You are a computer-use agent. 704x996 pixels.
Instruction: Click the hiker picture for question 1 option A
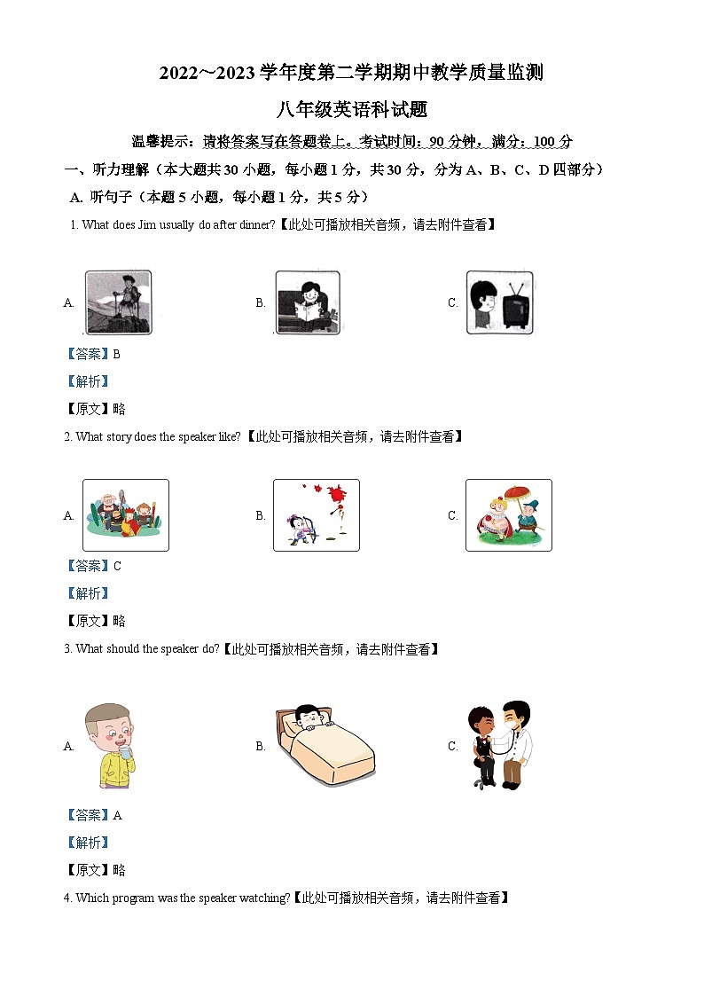pos(118,302)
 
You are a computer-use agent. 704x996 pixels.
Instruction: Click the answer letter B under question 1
pos(116,354)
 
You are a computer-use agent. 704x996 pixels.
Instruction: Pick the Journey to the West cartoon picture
pos(125,515)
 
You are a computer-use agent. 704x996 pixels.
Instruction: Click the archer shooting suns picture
pos(316,515)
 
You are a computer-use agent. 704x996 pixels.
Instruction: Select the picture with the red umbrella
pos(508,515)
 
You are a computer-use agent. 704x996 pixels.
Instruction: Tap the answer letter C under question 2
pos(117,566)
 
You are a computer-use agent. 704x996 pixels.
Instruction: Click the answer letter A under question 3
pos(117,815)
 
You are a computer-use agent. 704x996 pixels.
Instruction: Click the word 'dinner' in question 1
pos(256,225)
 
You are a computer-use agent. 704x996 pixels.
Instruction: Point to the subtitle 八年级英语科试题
pos(352,110)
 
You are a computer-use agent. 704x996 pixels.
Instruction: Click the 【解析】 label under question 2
pos(88,593)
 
